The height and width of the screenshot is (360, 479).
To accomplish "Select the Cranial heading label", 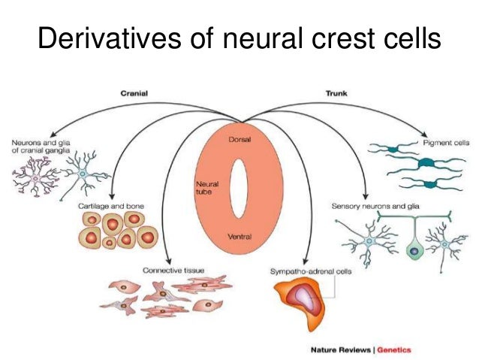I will coord(134,93).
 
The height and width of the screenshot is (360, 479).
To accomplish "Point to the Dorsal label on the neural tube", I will coord(239,141).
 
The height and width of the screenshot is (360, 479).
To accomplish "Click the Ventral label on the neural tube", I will coord(239,237).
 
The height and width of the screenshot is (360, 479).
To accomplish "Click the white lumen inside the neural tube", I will coord(239,189).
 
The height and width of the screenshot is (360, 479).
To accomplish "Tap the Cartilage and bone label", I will coord(111,205).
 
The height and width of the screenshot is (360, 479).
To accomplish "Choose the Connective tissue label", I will coord(173,269).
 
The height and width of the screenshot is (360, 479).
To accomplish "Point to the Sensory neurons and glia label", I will coord(371,205).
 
